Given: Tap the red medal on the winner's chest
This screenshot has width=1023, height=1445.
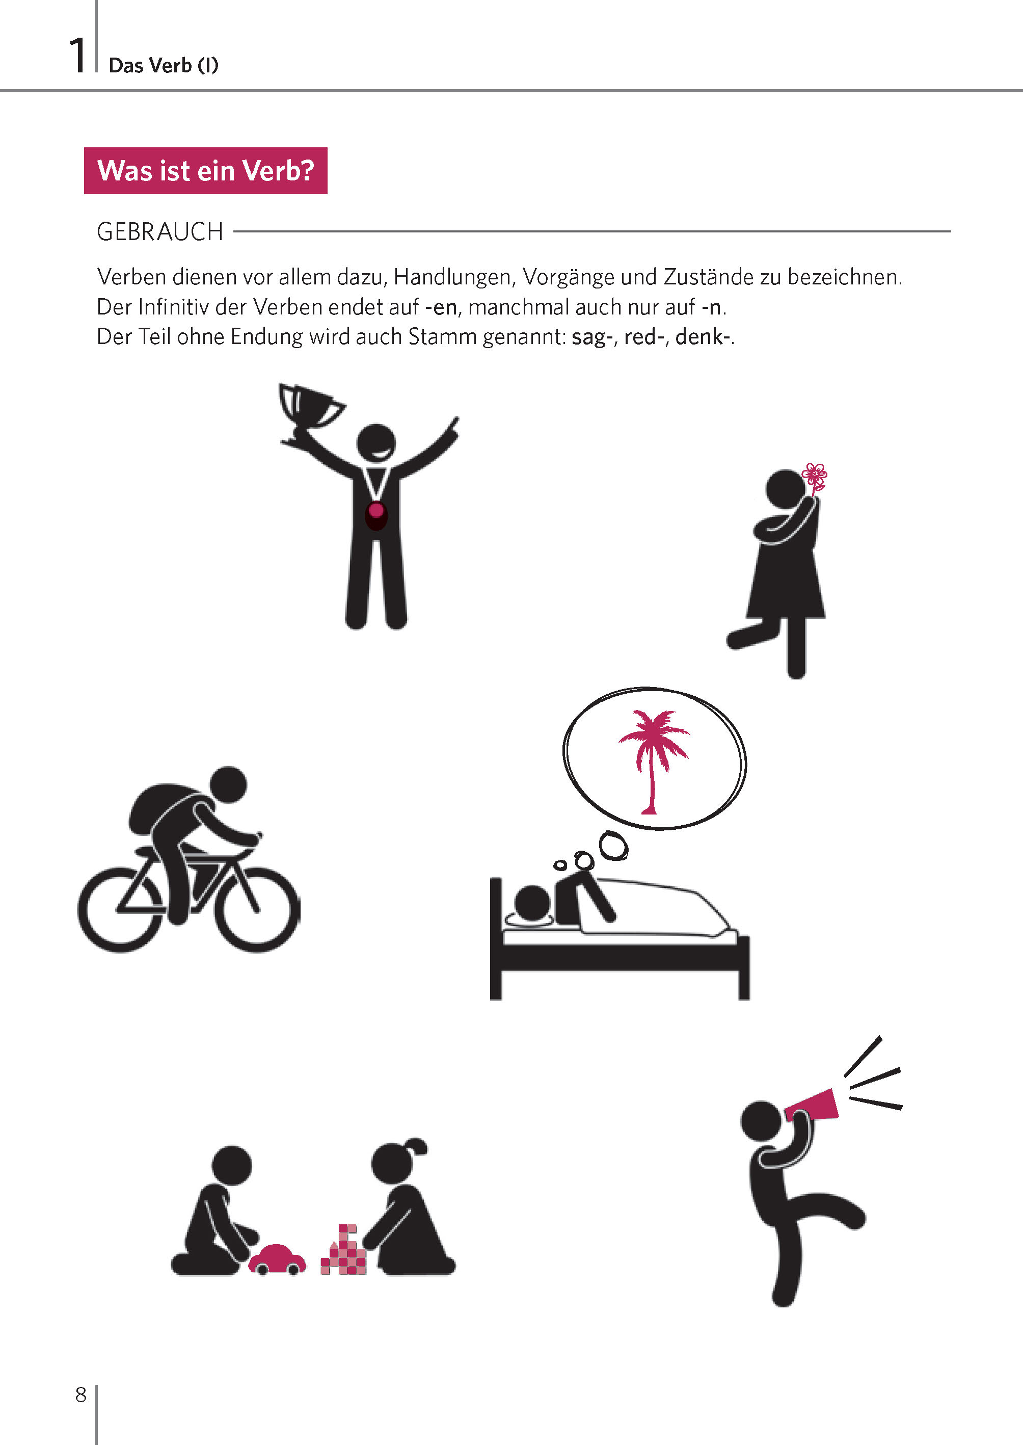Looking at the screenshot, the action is point(375,514).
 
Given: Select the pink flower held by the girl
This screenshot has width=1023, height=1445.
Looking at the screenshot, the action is point(815,479).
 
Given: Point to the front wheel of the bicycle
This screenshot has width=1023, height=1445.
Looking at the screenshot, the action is point(257,909).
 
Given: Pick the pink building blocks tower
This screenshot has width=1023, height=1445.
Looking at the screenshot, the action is point(343,1250).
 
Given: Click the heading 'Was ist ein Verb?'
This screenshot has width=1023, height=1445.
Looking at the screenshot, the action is point(205,171).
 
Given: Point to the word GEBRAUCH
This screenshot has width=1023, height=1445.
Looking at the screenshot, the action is point(160,232).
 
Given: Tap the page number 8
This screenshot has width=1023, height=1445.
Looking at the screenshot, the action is point(80,1394).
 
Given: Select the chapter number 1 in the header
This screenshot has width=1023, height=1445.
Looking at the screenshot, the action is point(77,56).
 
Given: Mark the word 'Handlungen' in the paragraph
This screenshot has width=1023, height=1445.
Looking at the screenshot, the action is point(452,277).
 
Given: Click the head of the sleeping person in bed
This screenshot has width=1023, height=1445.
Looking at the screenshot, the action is point(533,903).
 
